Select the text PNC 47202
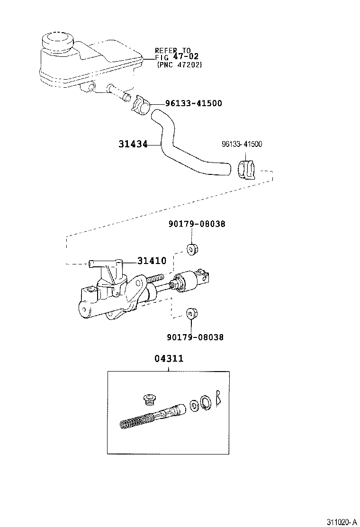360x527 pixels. pos(179,65)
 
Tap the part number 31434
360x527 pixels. pos(134,144)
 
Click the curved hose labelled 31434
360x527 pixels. pos(180,147)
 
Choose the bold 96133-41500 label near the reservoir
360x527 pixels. pos(193,103)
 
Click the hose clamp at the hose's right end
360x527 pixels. pos(245,170)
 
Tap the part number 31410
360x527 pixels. pos(152,261)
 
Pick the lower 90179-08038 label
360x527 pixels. pos(195,337)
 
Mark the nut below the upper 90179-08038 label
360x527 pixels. pos(191,250)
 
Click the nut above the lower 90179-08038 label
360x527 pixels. pos(191,312)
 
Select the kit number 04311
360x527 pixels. pos(169,359)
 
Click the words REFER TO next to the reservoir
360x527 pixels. pos(172,50)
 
